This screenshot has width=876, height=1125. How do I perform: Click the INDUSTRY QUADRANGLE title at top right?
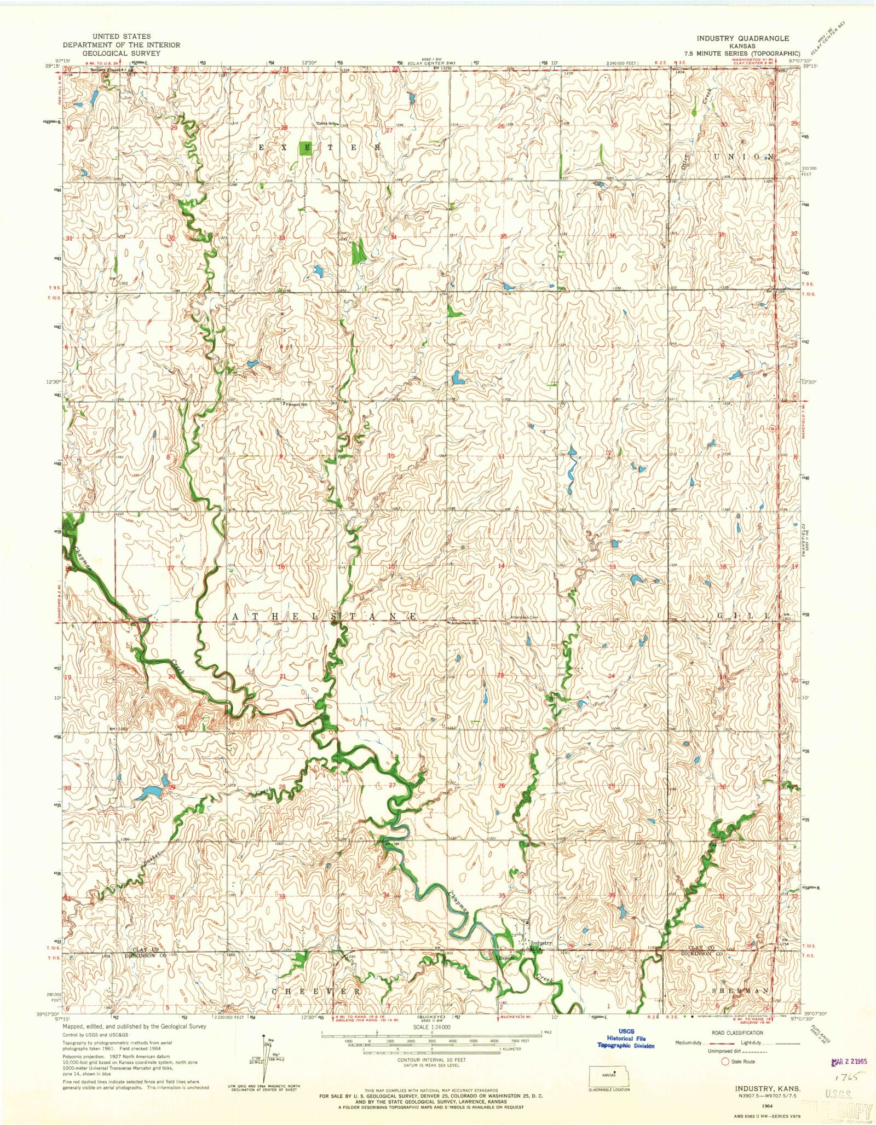742,38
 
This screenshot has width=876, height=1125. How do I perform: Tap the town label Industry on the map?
541,943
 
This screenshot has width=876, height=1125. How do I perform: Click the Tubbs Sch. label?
325,123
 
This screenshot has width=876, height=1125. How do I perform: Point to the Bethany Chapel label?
105,70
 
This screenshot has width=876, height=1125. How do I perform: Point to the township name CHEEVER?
316,991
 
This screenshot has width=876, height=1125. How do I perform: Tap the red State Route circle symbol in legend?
725,1062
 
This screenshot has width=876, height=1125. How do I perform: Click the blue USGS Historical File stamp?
625,1039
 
